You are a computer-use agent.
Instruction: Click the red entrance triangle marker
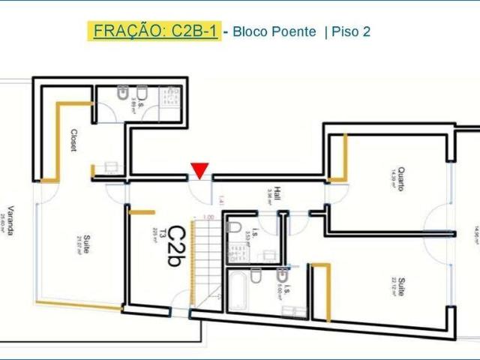click(x=198, y=171)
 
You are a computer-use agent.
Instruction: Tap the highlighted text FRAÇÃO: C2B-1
click(x=154, y=31)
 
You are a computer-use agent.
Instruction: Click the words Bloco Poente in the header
click(x=274, y=32)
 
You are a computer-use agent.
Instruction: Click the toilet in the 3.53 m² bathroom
click(x=234, y=227)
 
